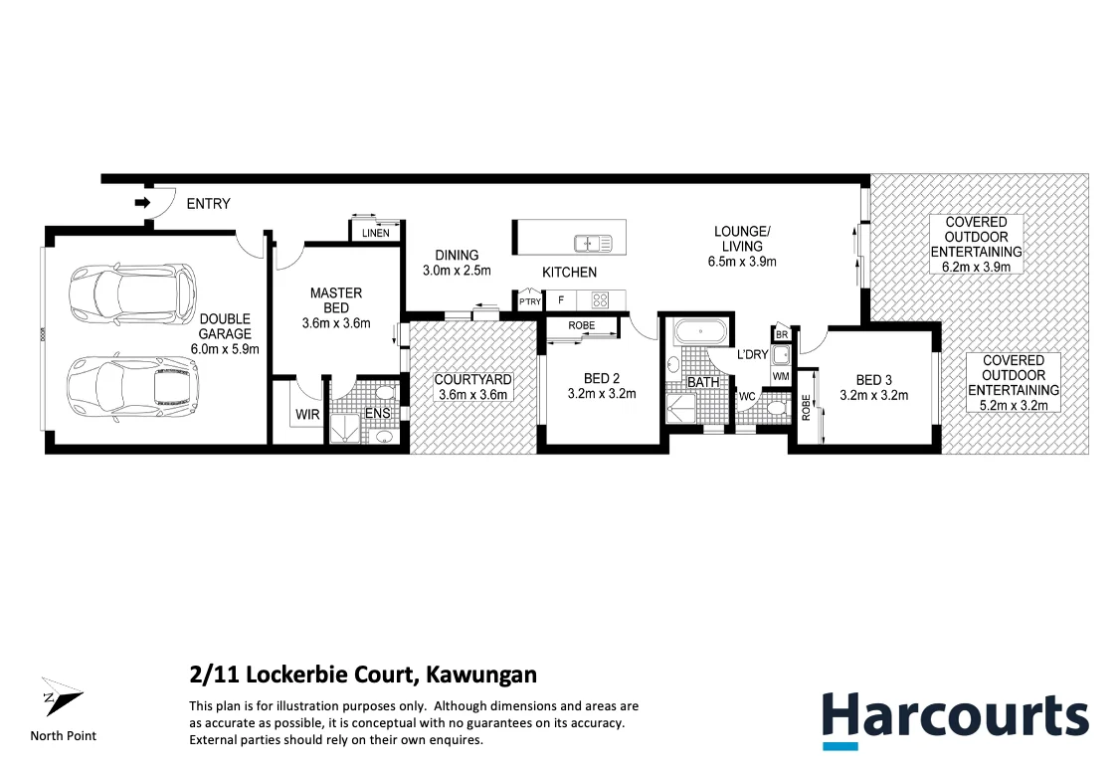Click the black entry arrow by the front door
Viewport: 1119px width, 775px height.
[141, 203]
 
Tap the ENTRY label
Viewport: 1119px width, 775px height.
[208, 204]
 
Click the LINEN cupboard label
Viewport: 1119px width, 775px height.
[376, 233]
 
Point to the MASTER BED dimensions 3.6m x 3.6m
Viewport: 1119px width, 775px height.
[335, 322]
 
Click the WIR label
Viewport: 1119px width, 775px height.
[306, 414]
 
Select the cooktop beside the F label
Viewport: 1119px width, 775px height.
[600, 298]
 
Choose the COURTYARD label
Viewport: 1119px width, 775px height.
[472, 379]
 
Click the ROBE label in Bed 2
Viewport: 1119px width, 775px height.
[582, 325]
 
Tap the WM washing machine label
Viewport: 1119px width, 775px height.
[781, 377]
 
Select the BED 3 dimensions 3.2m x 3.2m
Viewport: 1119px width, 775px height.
[873, 394]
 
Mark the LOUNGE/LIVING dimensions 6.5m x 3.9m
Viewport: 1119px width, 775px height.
[742, 262]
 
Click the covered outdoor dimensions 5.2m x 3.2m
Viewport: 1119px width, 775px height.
[1014, 405]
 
